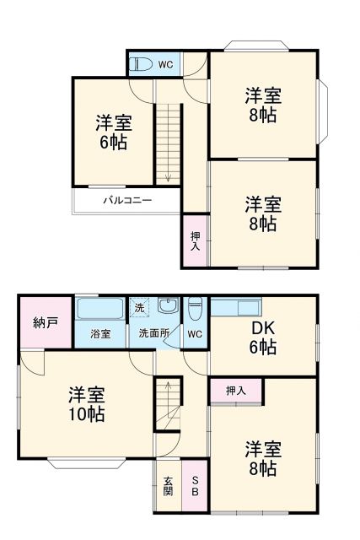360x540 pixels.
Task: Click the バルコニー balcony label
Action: (127, 201)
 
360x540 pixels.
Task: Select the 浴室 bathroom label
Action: (100, 334)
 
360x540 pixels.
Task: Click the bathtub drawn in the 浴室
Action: (100, 308)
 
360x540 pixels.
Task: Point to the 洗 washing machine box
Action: (139, 308)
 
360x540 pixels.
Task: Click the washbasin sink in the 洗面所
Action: (168, 306)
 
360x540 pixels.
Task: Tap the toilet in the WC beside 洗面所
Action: (195, 310)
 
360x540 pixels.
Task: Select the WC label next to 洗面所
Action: (194, 334)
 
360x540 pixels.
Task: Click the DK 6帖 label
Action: (262, 337)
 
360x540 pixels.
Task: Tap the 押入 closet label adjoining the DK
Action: (236, 391)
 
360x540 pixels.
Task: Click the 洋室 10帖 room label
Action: (86, 404)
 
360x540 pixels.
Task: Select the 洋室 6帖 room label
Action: (112, 131)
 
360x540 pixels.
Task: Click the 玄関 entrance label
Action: (168, 486)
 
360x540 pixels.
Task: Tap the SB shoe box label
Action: (195, 486)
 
